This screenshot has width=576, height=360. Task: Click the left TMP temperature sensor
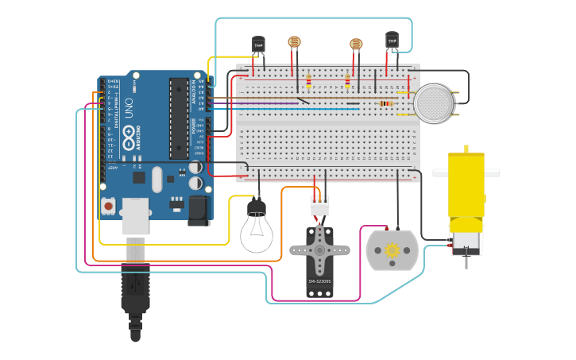coord(258,45)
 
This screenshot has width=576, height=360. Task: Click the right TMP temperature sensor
coord(392,39)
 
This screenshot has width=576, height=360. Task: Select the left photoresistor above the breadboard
coord(294,41)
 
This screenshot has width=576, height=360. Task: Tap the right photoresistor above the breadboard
coord(356,45)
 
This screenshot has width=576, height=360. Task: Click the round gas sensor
coord(434,103)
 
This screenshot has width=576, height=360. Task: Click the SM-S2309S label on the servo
coord(319,281)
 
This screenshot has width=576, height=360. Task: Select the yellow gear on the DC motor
coord(392,250)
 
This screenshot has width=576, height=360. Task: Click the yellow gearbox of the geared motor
coord(466,183)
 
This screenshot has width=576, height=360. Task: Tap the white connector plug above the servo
coord(319,205)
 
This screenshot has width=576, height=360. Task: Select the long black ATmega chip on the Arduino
coord(179,118)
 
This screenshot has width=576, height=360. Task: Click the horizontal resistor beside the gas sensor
coord(386,103)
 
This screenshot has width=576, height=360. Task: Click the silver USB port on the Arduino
coord(135,215)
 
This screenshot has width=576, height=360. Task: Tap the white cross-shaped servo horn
coord(319,250)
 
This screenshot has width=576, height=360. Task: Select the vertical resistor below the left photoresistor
coord(308,80)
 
